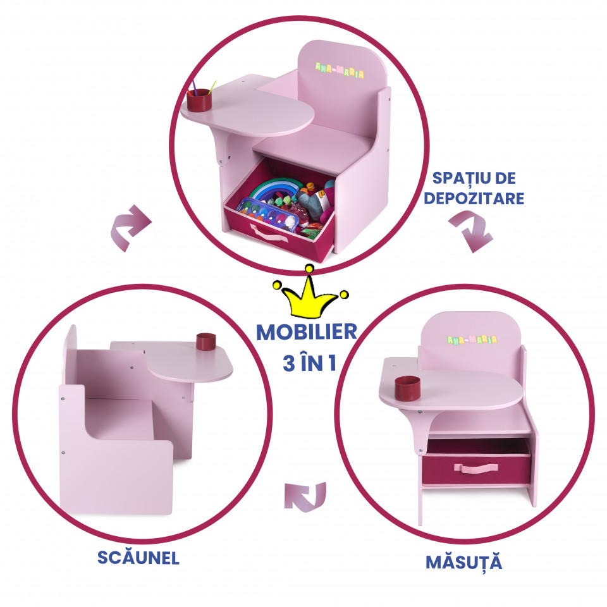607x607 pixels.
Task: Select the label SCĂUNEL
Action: [x=138, y=558]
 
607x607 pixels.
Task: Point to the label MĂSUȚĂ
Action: [x=464, y=562]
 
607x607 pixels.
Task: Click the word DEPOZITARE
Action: [x=474, y=198]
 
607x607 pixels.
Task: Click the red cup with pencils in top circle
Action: [x=200, y=99]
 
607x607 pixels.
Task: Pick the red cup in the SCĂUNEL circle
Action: [x=205, y=341]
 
